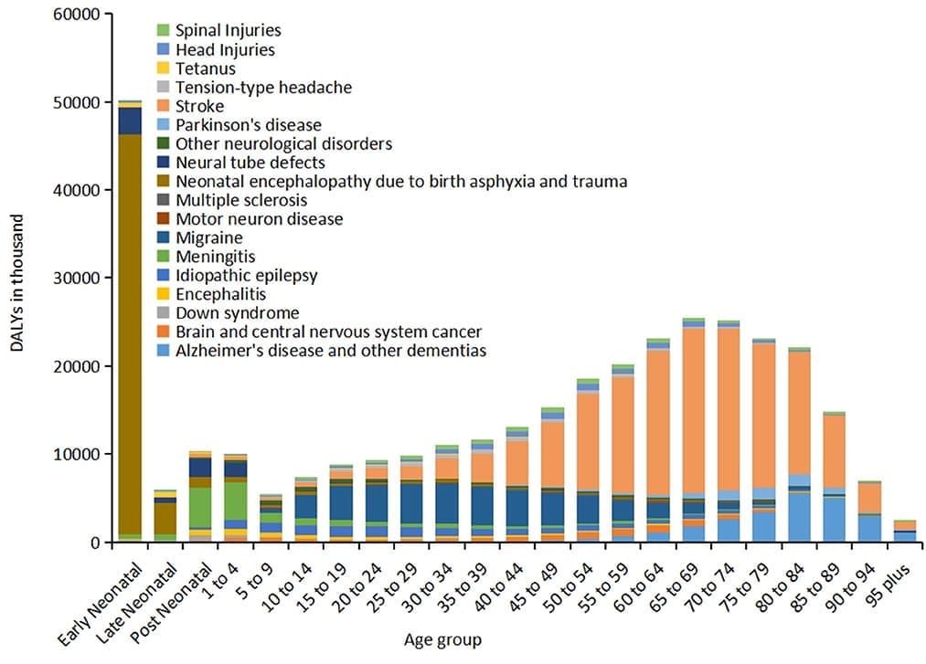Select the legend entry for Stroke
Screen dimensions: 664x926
199,106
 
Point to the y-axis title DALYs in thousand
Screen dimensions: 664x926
19,278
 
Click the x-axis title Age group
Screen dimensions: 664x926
442,639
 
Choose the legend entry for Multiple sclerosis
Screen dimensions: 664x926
240,200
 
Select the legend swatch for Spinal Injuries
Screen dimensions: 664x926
163,31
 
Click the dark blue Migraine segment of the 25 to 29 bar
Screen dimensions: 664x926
412,502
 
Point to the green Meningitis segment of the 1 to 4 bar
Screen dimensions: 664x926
236,501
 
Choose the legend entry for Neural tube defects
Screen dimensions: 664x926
250,163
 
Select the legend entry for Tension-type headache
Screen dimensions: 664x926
263,88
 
